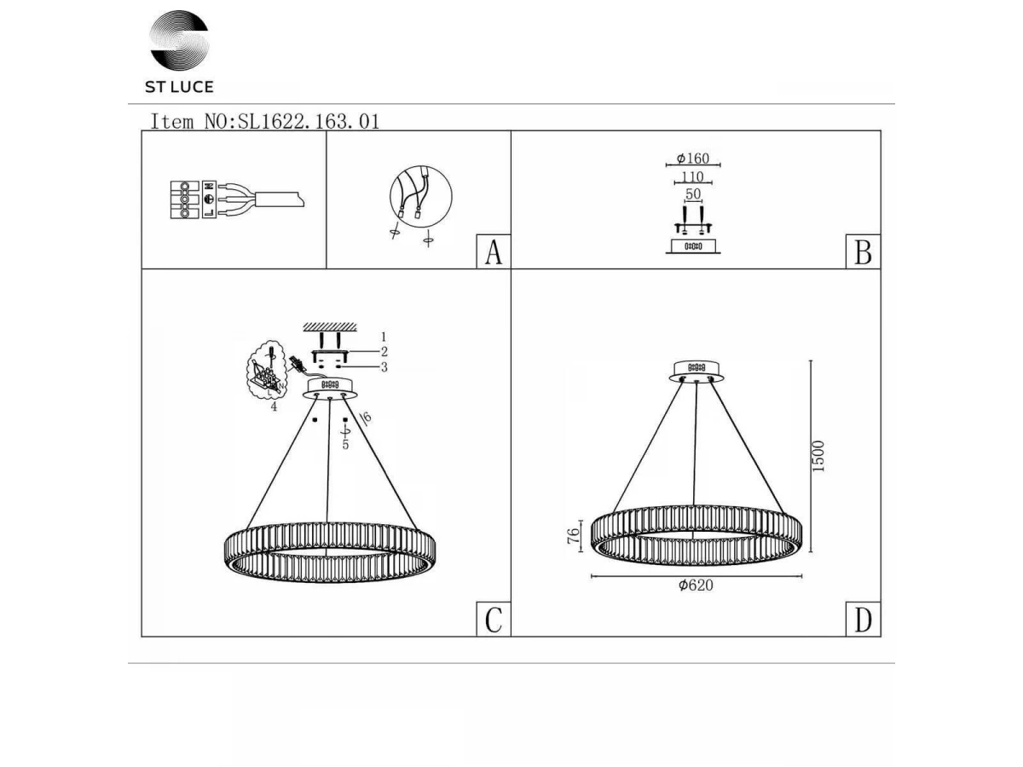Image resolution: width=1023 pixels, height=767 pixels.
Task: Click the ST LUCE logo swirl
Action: coord(179,39)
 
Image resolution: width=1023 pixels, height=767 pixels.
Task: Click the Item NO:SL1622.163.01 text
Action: coord(264,122)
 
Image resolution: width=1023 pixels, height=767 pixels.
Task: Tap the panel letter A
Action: coord(494,252)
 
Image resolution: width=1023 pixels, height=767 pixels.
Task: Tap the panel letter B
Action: coord(863,252)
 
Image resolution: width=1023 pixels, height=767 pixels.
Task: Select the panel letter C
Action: coord(494,620)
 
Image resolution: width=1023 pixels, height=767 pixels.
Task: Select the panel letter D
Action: coord(863,620)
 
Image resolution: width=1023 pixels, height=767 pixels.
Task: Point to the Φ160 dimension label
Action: coord(692,159)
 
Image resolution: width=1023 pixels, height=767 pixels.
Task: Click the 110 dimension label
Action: coord(692,177)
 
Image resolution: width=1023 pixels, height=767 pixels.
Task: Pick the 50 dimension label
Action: coord(693,193)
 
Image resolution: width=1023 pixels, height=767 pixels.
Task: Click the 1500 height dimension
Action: coord(818,456)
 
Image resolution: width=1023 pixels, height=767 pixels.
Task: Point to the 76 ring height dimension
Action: coord(573,535)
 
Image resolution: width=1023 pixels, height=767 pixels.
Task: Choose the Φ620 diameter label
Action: coord(696,585)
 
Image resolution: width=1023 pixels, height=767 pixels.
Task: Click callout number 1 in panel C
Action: coord(384,337)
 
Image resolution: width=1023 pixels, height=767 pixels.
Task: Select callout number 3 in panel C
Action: coord(384,367)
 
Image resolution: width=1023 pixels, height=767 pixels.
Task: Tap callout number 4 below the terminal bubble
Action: coord(274,407)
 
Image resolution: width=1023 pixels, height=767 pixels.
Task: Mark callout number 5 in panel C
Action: coord(345,445)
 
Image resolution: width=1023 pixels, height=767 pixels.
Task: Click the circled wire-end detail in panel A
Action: coord(421,196)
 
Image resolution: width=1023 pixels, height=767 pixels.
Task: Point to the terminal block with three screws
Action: coord(184,199)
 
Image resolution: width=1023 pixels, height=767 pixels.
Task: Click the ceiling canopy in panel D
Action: coord(696,372)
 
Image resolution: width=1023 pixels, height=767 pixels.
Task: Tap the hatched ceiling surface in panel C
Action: coord(330,327)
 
